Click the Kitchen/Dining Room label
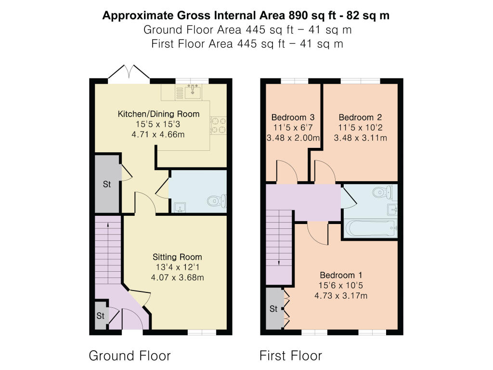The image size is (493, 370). tap(158, 114)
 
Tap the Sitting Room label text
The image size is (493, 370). tap(177, 257)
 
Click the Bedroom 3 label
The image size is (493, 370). tap(293, 118)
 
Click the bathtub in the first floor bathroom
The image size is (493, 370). tap(370, 228)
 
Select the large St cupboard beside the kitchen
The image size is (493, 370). tap(106, 184)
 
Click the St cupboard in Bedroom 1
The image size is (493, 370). tap(273, 309)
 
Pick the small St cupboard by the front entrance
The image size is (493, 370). tap(100, 316)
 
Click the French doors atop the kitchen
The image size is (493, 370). tap(129, 73)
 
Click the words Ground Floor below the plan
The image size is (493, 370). tap(130, 356)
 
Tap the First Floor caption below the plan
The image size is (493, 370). tap(290, 356)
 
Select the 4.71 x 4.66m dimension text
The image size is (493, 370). tap(158, 135)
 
